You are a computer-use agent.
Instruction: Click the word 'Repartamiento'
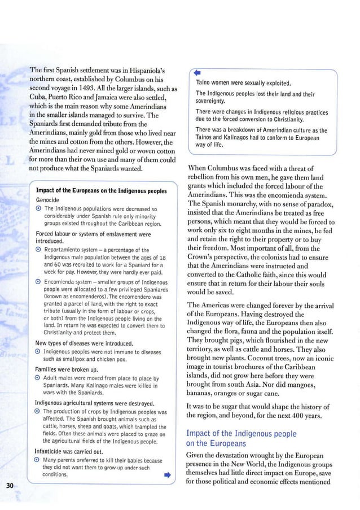[x=66, y=250]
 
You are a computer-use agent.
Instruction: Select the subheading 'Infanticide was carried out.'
[x=73, y=452]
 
